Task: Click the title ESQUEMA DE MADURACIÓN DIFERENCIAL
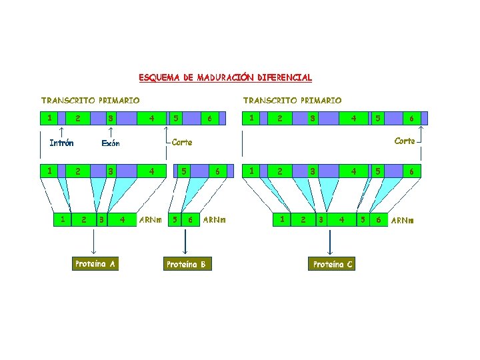click(x=225, y=78)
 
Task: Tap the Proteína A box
click(x=95, y=264)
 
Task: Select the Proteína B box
click(x=186, y=264)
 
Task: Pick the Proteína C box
click(x=333, y=264)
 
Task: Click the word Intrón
click(x=61, y=143)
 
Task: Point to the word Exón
click(x=110, y=143)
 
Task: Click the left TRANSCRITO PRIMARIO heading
click(x=90, y=101)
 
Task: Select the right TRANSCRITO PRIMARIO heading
click(x=292, y=101)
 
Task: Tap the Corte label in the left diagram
click(x=181, y=142)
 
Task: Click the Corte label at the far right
click(x=405, y=141)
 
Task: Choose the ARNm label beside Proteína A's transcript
click(x=150, y=219)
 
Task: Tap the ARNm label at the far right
click(x=402, y=220)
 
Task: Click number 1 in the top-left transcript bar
click(x=49, y=118)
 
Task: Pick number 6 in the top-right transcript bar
click(x=412, y=119)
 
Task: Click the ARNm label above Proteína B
click(x=214, y=219)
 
